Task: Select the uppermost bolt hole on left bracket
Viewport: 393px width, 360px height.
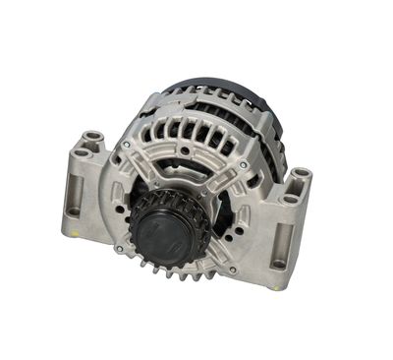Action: pyautogui.click(x=92, y=137)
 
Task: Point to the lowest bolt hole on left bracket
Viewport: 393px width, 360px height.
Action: pyautogui.click(x=74, y=210)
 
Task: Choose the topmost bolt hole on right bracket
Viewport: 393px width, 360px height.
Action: pyautogui.click(x=298, y=174)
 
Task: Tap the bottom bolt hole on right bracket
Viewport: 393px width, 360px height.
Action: pyautogui.click(x=279, y=263)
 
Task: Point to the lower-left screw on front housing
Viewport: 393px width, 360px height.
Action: pyautogui.click(x=120, y=249)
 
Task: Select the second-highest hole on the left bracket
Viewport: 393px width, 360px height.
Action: pyautogui.click(x=81, y=151)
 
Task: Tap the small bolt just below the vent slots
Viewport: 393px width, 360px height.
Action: pyautogui.click(x=184, y=150)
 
